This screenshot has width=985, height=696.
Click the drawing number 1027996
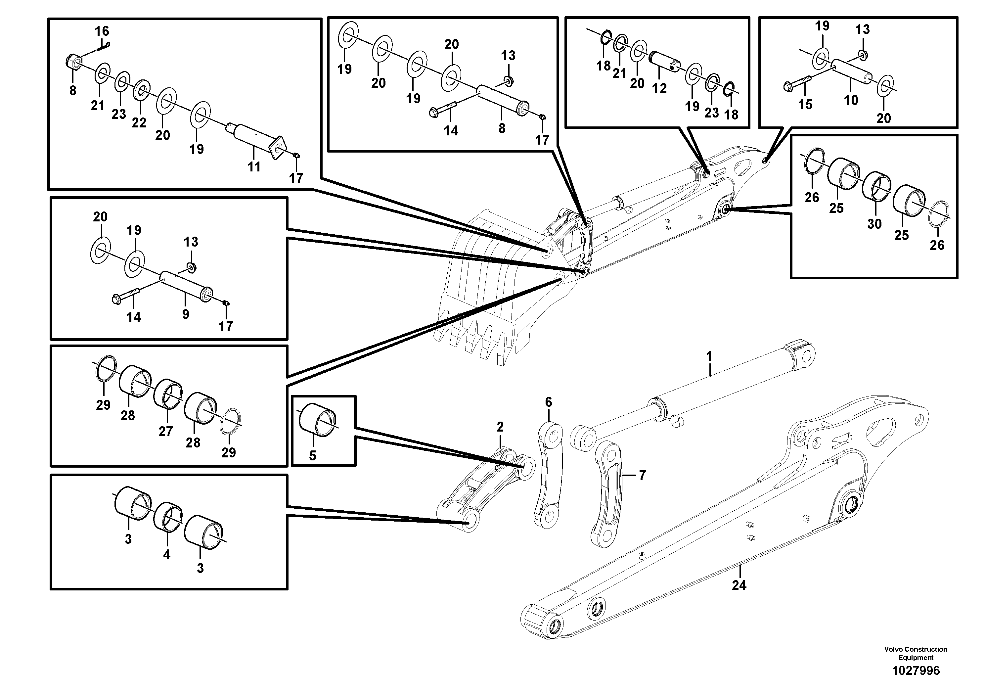coord(916,671)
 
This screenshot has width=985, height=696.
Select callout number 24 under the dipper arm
coord(739,585)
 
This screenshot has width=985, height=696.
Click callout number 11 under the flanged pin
coord(254,166)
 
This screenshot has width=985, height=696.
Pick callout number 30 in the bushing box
coord(874,224)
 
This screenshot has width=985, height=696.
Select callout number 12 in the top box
coord(659,88)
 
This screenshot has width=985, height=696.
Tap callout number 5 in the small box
coord(312,456)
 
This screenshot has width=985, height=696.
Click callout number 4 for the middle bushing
coord(166,555)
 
